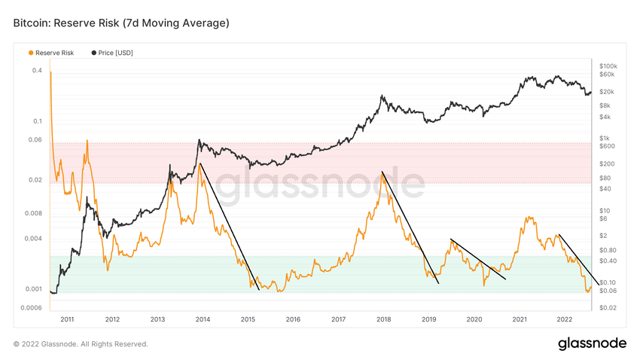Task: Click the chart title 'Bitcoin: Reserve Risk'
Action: (120, 23)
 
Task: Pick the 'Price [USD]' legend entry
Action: (115, 53)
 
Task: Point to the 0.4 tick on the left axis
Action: (37, 71)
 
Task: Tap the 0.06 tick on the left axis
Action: (35, 139)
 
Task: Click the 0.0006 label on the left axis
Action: (32, 307)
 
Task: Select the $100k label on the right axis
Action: (608, 66)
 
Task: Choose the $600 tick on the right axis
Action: (607, 146)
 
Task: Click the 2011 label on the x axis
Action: (67, 319)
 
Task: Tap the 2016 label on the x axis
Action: (293, 319)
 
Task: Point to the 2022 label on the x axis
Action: (565, 319)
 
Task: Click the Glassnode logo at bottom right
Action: (592, 343)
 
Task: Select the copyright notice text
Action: (81, 344)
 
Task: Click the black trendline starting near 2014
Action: (230, 226)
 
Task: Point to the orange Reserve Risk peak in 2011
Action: (87, 142)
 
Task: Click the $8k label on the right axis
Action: (605, 105)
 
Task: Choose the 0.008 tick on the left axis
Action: (33, 213)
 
